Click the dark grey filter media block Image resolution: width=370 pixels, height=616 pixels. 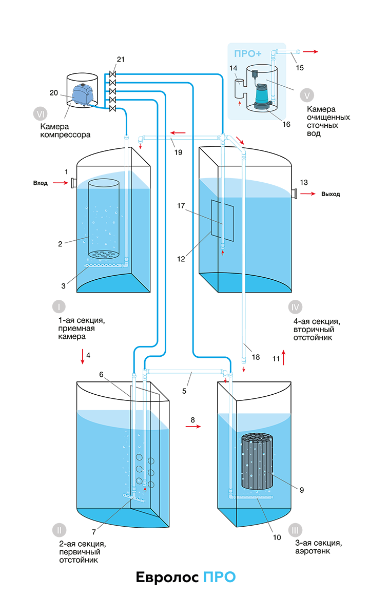coord(258,462)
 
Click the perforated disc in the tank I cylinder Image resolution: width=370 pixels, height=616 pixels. coord(106,254)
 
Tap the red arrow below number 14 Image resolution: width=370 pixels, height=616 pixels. coord(240,103)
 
